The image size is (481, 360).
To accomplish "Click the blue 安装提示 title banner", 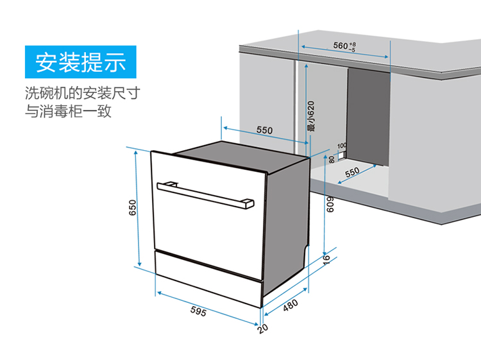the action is [80, 62].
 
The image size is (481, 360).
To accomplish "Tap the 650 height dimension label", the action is [132, 207].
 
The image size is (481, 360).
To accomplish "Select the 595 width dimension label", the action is [198, 311].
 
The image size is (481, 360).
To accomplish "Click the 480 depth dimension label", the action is [290, 305].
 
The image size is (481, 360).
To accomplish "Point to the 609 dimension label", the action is [330, 205].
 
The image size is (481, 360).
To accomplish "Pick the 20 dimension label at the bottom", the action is [263, 329].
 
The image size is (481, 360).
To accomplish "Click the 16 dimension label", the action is [326, 258].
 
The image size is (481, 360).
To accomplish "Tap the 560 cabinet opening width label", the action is [344, 46].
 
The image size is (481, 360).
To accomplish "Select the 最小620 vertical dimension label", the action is [311, 116].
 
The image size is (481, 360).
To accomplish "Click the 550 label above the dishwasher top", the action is [264, 130].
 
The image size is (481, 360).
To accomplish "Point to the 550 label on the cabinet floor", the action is [352, 172].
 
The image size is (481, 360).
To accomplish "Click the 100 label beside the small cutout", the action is [342, 146].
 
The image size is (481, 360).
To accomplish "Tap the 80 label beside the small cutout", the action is [332, 160].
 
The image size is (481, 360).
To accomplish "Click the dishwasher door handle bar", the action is [205, 195].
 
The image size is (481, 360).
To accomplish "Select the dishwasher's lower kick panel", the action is [208, 278].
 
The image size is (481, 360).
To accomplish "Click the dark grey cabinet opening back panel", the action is [368, 117].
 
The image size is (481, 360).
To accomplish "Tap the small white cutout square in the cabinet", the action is [341, 156].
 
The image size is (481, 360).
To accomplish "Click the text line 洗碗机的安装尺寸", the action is [83, 93].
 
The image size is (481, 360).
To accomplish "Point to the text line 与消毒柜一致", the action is [68, 111].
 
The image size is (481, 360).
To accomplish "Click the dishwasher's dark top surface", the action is [242, 156].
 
